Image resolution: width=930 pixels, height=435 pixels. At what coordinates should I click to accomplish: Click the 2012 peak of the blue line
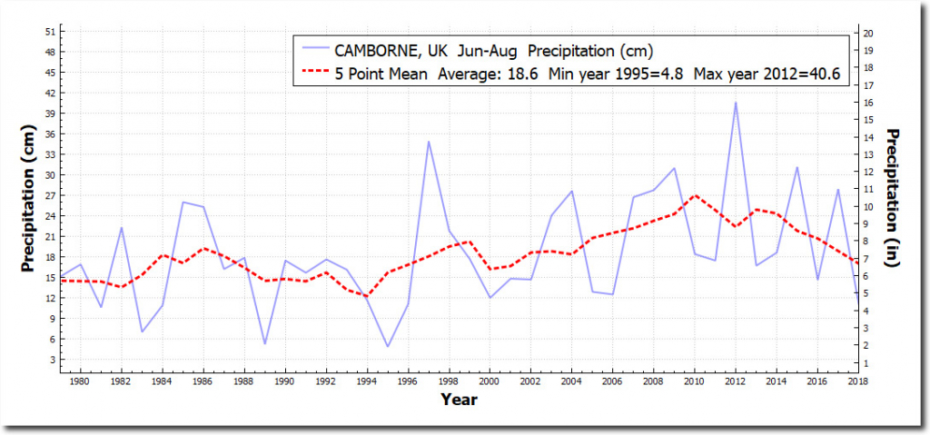(736, 103)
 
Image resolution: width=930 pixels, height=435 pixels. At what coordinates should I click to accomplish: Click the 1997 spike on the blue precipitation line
(429, 142)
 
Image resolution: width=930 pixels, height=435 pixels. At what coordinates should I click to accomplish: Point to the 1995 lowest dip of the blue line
(388, 346)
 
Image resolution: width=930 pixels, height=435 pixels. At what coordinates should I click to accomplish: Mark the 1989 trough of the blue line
(265, 343)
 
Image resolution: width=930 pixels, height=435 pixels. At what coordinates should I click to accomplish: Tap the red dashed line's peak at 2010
(695, 195)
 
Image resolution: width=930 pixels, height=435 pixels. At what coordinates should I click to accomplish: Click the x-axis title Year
(459, 399)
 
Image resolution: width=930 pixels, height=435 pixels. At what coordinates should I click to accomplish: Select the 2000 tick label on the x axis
(490, 382)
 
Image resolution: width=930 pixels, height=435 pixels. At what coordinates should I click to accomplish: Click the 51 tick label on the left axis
(50, 31)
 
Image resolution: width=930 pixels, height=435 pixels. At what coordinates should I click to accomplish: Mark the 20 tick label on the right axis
(869, 33)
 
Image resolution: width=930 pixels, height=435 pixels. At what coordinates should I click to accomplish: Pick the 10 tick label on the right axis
(869, 206)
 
